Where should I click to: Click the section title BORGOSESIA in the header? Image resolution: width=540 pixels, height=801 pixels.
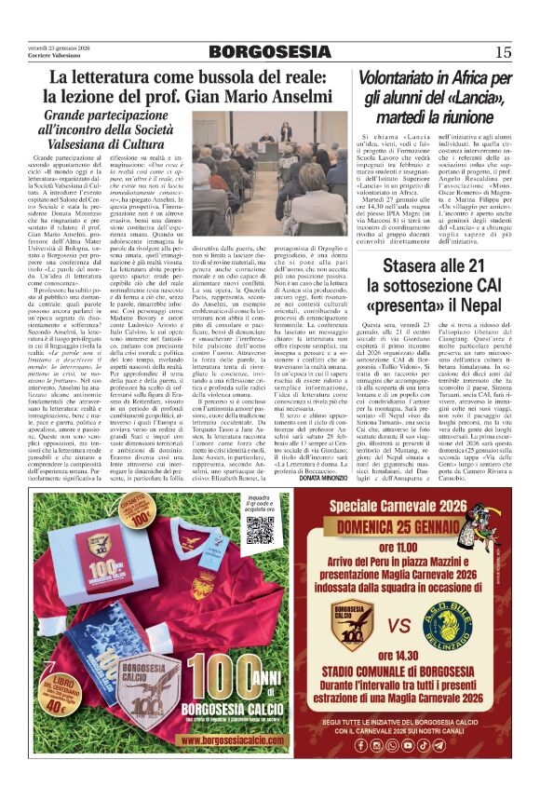[269, 51]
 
